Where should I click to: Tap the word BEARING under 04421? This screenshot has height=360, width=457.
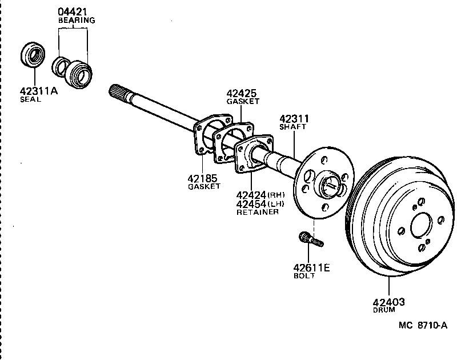[76, 20]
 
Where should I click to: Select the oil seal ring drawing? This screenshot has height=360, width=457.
[32, 55]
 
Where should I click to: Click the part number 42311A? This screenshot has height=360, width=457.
[38, 90]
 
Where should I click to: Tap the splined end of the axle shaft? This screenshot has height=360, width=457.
[117, 92]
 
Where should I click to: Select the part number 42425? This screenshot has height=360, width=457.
[242, 93]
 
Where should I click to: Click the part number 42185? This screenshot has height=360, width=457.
[203, 178]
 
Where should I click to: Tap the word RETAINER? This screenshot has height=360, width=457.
[257, 212]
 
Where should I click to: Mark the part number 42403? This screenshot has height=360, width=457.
[389, 302]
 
